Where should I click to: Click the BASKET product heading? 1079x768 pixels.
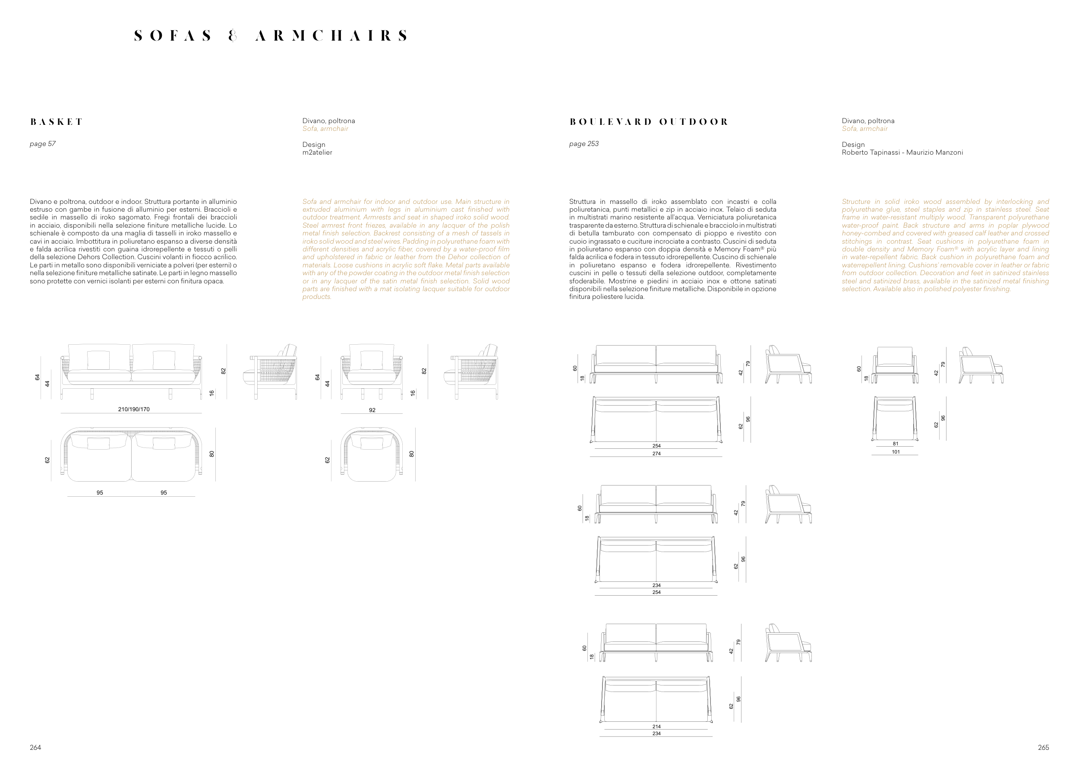(x=56, y=122)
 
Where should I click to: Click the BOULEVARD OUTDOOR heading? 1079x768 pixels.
(x=649, y=122)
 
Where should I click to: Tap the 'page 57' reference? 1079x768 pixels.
(x=43, y=144)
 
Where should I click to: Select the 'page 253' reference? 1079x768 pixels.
(x=584, y=144)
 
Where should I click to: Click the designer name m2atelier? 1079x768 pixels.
(x=317, y=152)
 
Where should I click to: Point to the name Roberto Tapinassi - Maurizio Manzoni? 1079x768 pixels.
(x=902, y=152)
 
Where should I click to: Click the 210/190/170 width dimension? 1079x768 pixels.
(x=134, y=409)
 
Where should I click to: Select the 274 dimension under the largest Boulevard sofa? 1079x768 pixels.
(x=656, y=454)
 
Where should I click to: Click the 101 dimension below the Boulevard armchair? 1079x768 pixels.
(x=895, y=452)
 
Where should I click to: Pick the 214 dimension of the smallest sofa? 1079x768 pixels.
(x=656, y=726)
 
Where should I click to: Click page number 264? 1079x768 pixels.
(x=35, y=747)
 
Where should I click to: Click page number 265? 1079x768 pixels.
(x=1043, y=747)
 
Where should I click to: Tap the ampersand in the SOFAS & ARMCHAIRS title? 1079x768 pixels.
(x=233, y=36)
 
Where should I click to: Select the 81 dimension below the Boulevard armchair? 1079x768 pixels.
(x=895, y=444)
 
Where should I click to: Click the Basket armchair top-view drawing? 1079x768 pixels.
(x=372, y=454)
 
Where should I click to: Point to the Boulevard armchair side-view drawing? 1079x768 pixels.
(x=981, y=365)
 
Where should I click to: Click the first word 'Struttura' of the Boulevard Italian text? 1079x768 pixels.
(x=582, y=201)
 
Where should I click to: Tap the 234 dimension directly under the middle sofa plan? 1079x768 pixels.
(x=656, y=585)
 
